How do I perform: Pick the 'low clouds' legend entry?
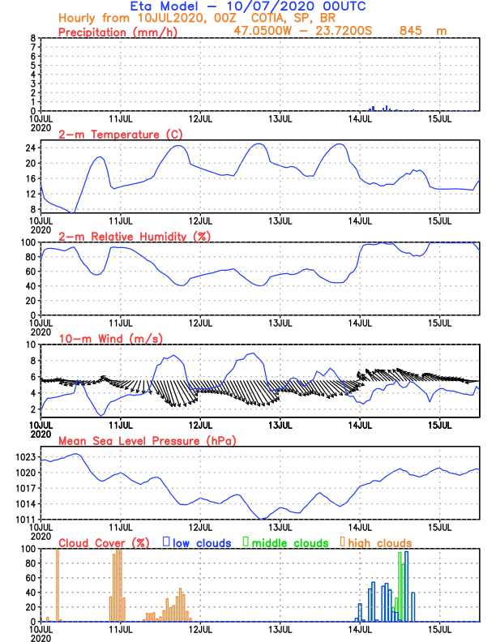[201, 542]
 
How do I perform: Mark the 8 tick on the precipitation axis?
[33, 38]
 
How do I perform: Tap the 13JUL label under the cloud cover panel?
[280, 629]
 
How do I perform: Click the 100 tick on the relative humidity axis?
[28, 242]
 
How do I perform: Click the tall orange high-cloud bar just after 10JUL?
[58, 584]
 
